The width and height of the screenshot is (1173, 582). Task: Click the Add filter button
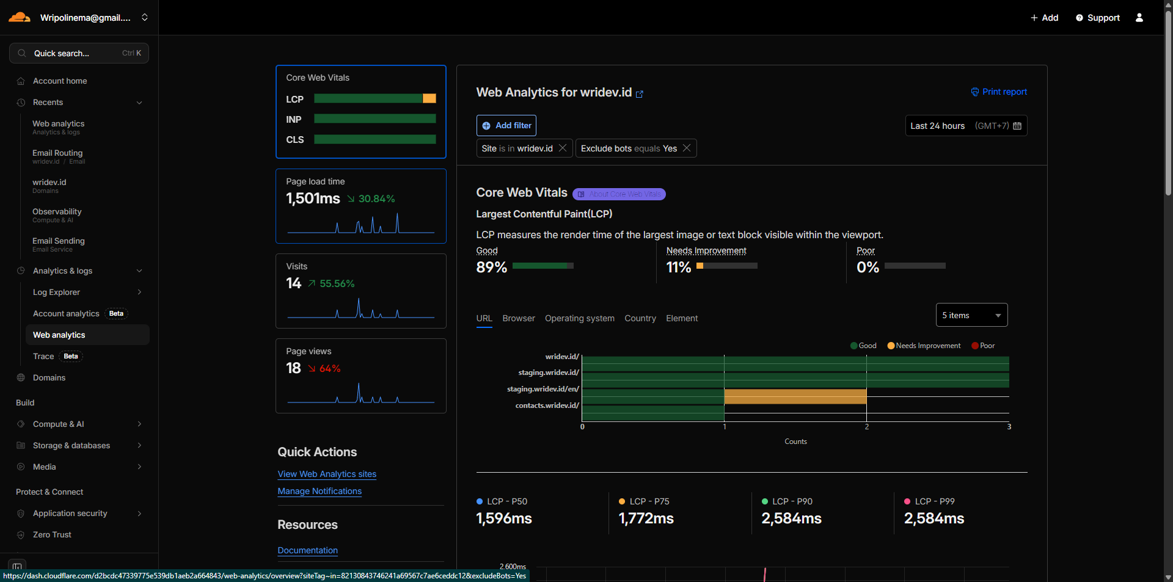(x=506, y=125)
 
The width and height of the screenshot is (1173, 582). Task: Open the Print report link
(x=999, y=92)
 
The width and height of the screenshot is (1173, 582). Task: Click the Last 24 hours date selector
(x=965, y=126)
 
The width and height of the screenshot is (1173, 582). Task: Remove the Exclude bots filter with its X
(x=687, y=148)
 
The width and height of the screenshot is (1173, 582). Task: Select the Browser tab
(x=518, y=318)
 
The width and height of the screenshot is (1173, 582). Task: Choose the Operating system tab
(x=579, y=318)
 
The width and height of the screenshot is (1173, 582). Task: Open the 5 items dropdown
(x=971, y=315)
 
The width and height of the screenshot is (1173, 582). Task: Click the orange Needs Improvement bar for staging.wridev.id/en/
(x=795, y=397)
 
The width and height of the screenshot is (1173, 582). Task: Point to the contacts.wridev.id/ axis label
(x=547, y=406)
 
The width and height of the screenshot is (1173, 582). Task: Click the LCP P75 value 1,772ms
(x=646, y=518)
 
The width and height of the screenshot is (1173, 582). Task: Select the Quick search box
(x=79, y=53)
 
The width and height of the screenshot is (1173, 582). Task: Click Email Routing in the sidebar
(x=57, y=153)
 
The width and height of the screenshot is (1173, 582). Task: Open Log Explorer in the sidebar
(x=56, y=292)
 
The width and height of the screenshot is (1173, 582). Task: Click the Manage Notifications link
(x=320, y=491)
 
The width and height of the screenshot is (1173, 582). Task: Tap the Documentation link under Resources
(x=307, y=550)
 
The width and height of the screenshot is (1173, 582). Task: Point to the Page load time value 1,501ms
(x=313, y=198)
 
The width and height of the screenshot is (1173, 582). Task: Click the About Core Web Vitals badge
(x=619, y=194)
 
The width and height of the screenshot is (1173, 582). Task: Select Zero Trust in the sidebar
(x=52, y=534)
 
